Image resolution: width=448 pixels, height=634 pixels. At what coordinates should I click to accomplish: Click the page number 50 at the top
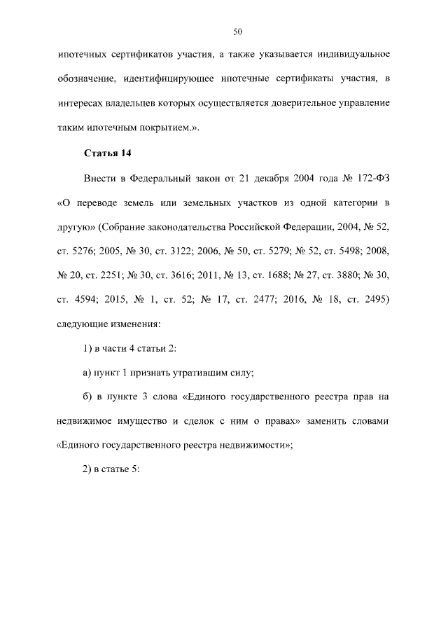tap(237, 32)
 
